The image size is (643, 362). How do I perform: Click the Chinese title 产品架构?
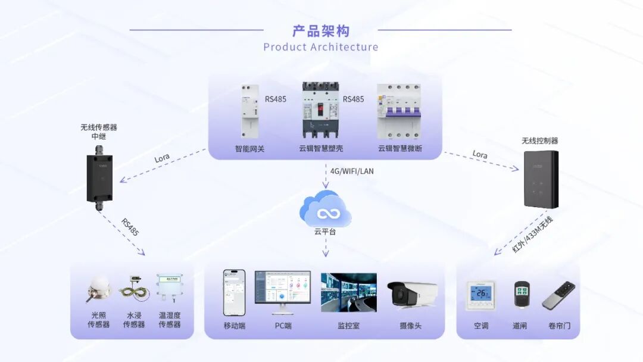point(320,31)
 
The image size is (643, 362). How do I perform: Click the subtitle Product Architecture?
point(320,47)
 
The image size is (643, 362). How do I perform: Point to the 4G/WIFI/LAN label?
point(352,171)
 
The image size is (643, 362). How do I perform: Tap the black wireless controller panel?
point(541,179)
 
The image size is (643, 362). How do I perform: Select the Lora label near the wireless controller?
point(480,155)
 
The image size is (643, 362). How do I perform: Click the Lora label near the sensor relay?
point(162,158)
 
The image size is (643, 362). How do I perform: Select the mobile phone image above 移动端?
point(234,292)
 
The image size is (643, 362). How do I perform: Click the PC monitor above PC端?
point(282,292)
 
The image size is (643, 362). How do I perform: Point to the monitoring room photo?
point(348,292)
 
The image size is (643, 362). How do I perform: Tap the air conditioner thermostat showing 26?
point(480,295)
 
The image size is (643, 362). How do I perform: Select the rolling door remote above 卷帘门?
point(558,295)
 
